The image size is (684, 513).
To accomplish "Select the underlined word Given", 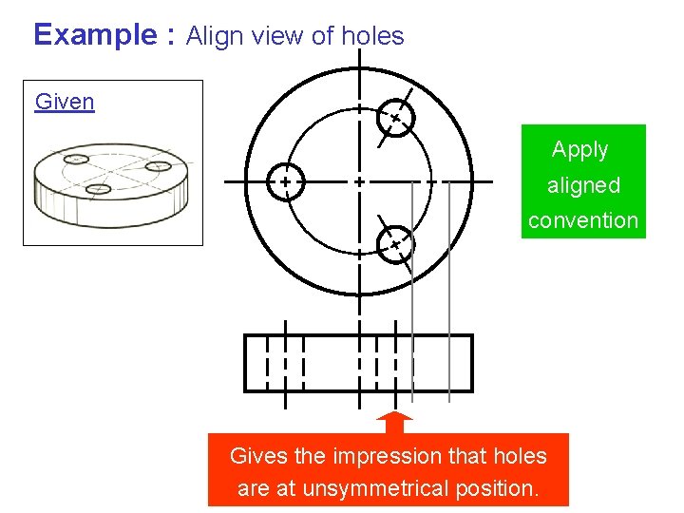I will click(x=64, y=101).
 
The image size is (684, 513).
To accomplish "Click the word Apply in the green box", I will click(x=579, y=150).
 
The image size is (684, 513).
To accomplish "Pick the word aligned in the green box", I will click(x=583, y=185).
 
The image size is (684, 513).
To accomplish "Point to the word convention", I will click(x=583, y=220).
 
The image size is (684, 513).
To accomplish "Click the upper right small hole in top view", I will click(x=394, y=119).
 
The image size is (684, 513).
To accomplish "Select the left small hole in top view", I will click(x=284, y=180).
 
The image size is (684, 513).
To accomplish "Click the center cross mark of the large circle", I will click(x=359, y=180).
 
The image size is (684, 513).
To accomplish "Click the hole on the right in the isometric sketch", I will click(x=158, y=166).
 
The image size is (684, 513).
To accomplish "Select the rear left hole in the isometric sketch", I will click(x=78, y=159).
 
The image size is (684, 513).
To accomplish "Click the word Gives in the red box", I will click(x=258, y=456).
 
